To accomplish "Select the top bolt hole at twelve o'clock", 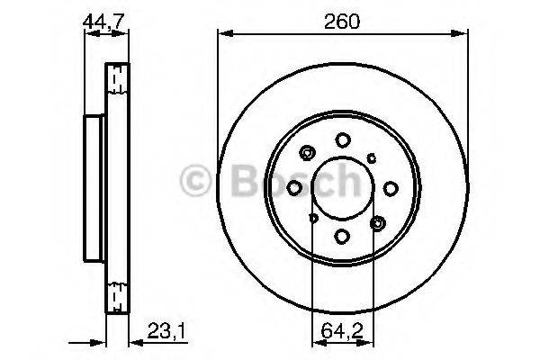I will click(343, 139).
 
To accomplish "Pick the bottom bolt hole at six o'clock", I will click(343, 236).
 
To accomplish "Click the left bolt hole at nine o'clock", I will click(295, 187).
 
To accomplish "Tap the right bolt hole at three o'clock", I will click(391, 187).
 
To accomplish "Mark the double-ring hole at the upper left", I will click(309, 153).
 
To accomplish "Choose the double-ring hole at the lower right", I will click(377, 221).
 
